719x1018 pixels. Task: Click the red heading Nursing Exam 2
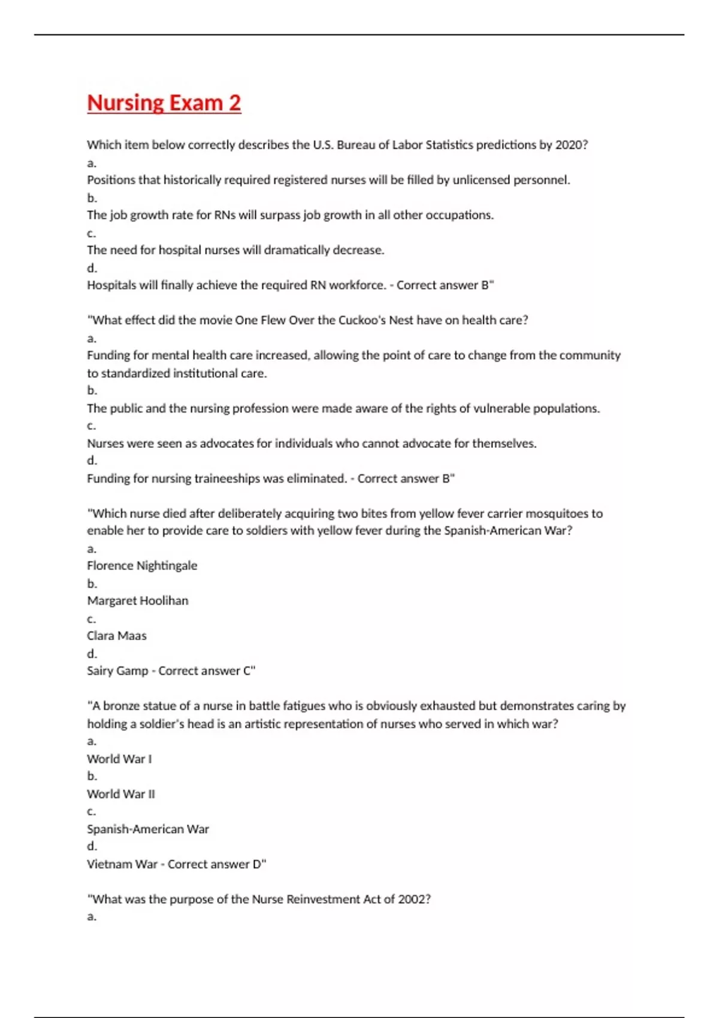click(164, 103)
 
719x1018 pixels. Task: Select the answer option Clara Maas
click(117, 636)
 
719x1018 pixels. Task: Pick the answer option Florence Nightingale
click(142, 566)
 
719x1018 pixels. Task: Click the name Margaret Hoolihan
click(138, 601)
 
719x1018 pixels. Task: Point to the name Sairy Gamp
click(117, 671)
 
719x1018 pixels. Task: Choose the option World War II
click(121, 794)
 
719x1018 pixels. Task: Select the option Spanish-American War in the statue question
click(148, 829)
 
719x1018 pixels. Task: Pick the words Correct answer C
click(206, 671)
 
